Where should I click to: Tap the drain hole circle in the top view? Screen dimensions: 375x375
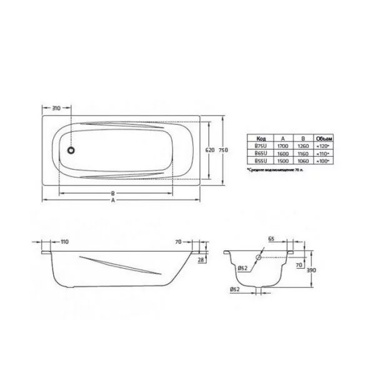[x=72, y=150]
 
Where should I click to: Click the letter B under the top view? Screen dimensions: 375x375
[x=112, y=192]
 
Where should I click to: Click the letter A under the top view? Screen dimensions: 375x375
[x=112, y=202]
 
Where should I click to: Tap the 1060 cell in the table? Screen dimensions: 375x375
[x=303, y=160]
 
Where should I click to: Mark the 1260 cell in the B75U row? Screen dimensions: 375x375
[x=303, y=144]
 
